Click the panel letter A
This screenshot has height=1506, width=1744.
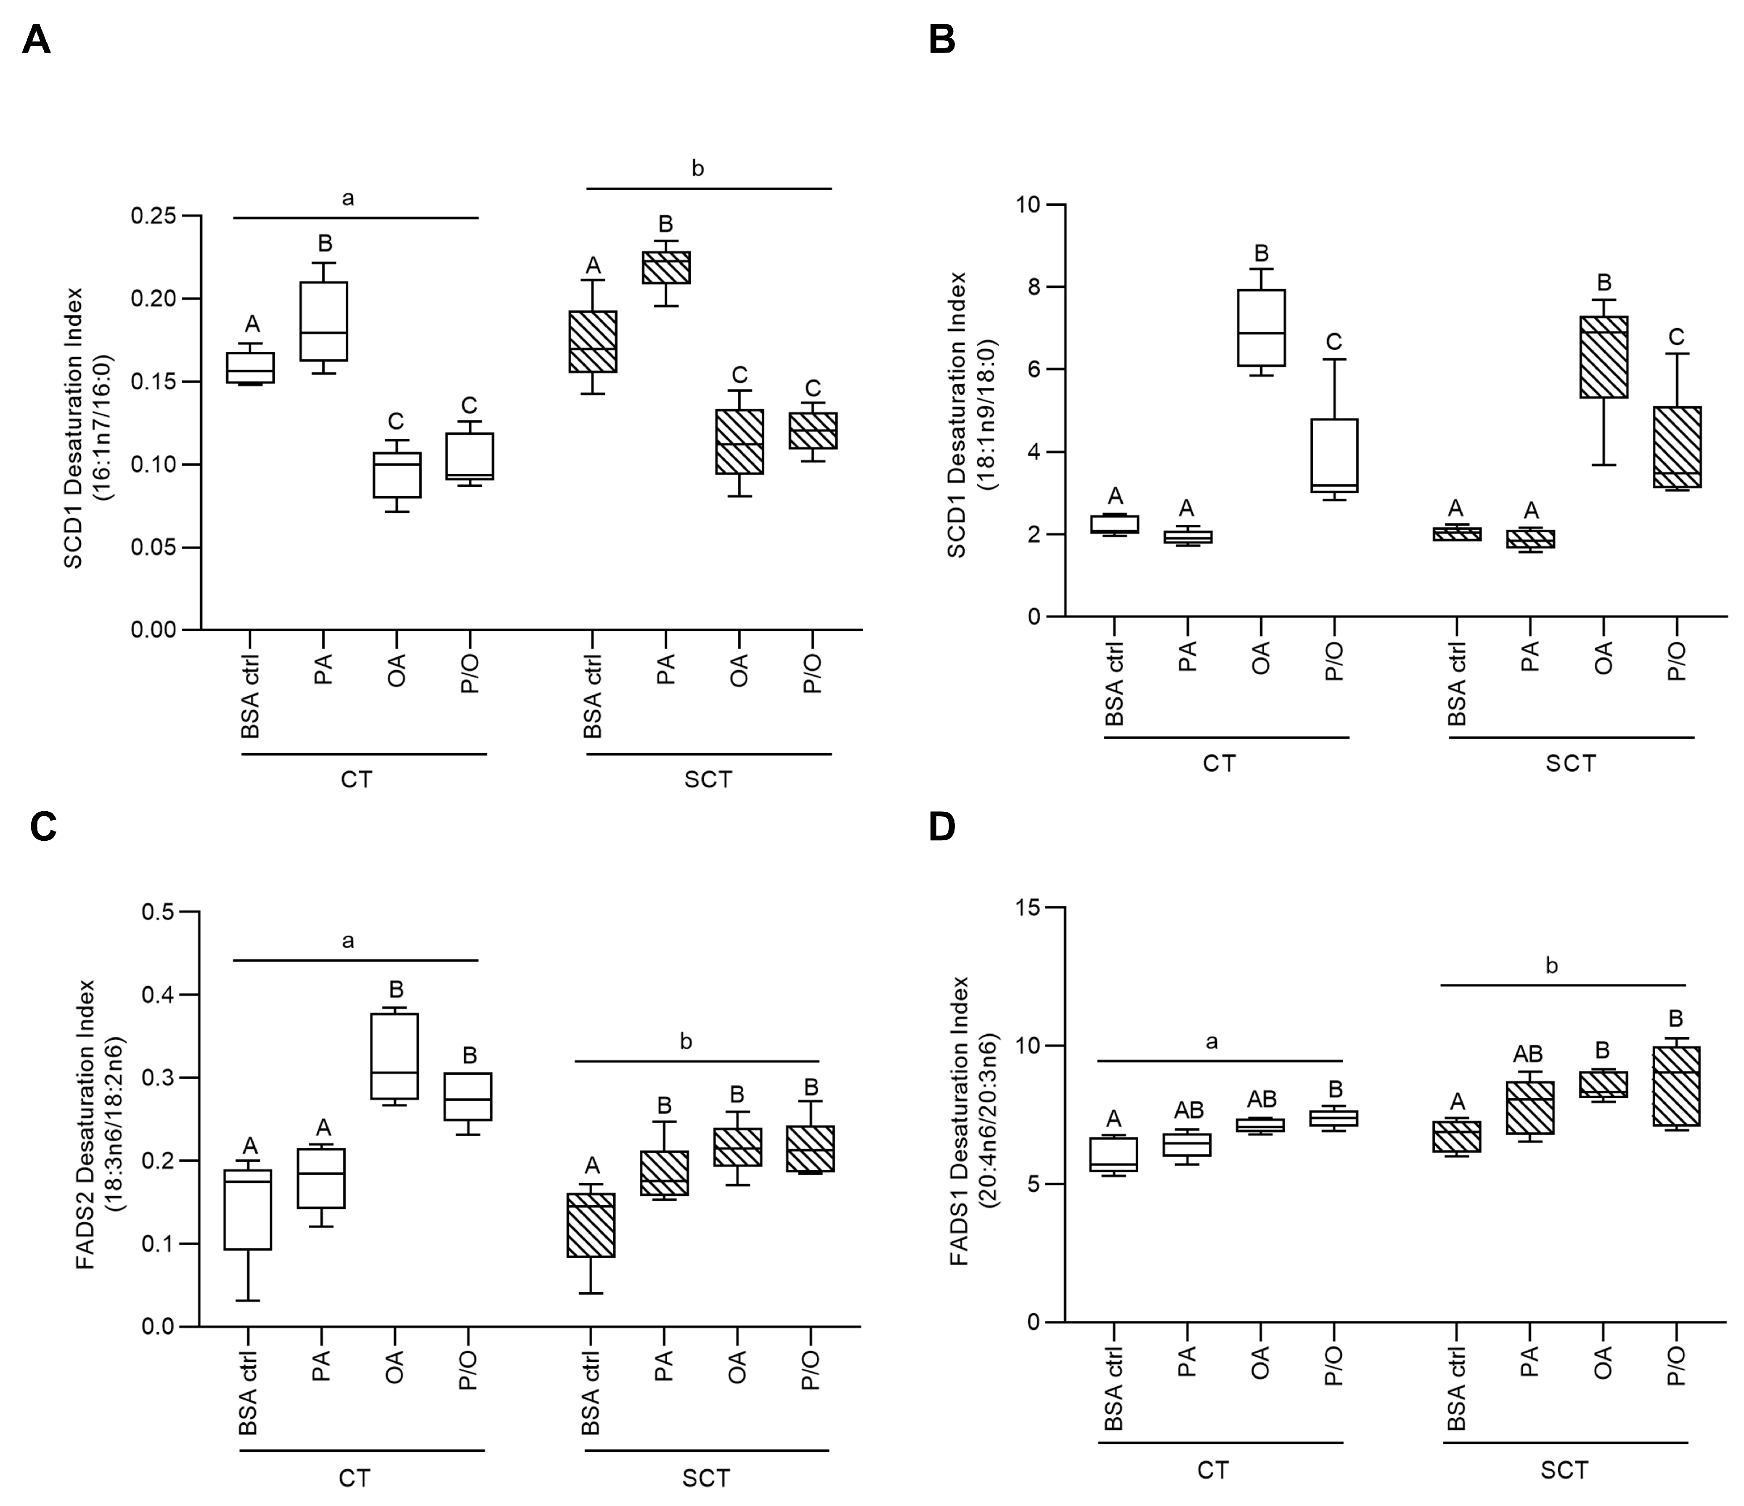click(36, 40)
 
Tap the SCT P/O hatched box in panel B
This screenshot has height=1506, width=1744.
click(1677, 447)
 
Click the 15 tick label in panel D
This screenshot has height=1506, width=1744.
click(1028, 908)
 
